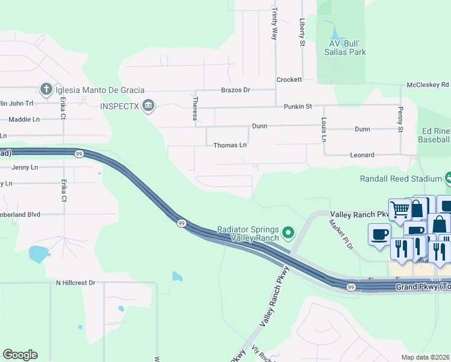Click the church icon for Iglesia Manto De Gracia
coord(46,90)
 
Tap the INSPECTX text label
coord(120,107)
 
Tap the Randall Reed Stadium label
coord(401,179)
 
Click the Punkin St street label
coord(298,106)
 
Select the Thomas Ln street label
coord(230,145)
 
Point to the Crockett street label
coord(289,80)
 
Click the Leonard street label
coord(362,155)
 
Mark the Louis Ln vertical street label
coord(324,130)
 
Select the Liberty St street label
coord(303,33)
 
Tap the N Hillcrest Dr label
coord(75,282)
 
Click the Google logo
coord(20,355)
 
